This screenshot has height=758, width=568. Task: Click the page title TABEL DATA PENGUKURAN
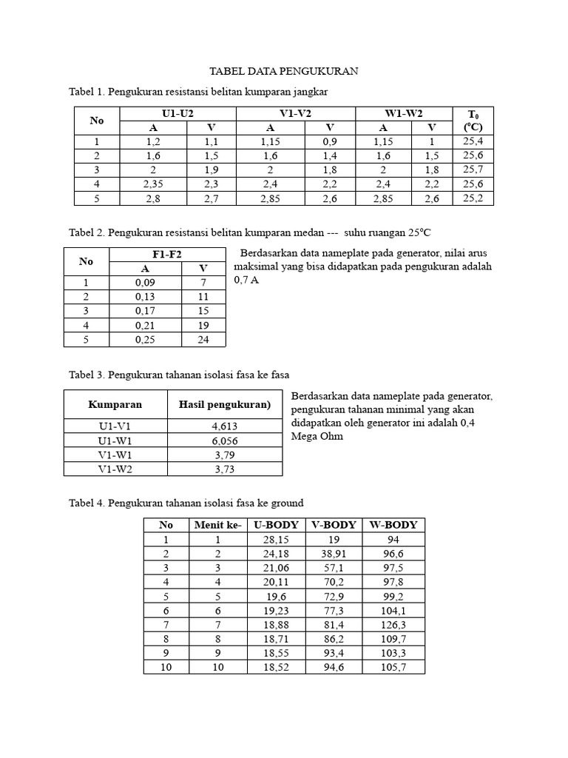point(284,71)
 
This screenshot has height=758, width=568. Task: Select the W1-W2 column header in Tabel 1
point(403,113)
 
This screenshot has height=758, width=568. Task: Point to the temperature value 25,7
point(473,170)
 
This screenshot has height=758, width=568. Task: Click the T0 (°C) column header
point(473,120)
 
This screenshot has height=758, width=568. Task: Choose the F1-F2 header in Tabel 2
point(167,255)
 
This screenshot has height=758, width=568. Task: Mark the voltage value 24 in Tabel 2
point(204,339)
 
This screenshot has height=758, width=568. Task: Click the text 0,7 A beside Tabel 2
point(246,281)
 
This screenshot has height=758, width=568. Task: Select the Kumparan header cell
point(115,404)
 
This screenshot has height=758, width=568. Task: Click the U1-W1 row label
point(115,440)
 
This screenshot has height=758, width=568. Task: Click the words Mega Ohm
point(317,437)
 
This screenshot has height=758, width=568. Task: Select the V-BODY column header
point(334,525)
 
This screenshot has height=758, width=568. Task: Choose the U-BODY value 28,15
point(276,540)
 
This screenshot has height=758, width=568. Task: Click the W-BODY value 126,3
point(393,625)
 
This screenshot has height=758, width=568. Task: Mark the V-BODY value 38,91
point(334,554)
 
